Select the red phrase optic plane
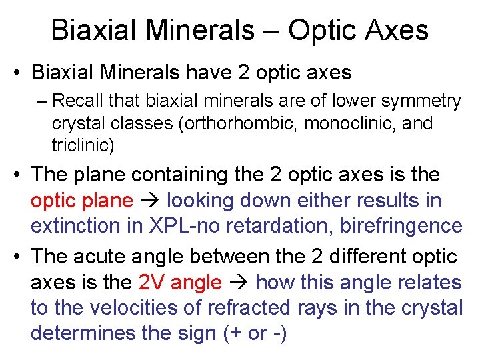click(x=80, y=200)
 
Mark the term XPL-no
click(x=197, y=226)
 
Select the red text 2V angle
click(x=180, y=283)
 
